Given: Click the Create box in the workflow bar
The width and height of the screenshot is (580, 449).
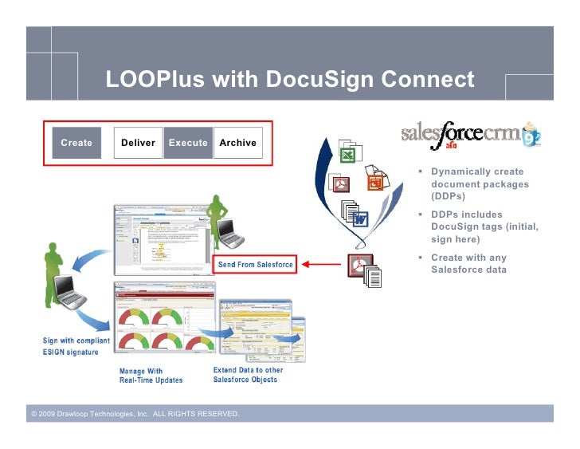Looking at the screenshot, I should tap(76, 143).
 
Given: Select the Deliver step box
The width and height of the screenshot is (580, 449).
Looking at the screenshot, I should tap(138, 143).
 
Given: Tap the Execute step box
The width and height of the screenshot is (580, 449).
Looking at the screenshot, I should tap(187, 143).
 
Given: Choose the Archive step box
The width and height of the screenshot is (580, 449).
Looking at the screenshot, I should tap(237, 143).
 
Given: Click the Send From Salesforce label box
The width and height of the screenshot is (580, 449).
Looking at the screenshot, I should tap(255, 265).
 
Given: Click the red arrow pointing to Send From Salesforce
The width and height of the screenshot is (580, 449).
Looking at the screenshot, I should tap(319, 265).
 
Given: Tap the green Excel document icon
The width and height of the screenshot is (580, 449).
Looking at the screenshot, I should tap(349, 153).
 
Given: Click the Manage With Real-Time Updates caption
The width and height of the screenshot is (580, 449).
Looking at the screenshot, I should tap(151, 375).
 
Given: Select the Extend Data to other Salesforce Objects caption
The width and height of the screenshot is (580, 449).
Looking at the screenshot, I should tap(248, 374).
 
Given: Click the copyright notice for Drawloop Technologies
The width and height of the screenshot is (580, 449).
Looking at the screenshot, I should tap(134, 414).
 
